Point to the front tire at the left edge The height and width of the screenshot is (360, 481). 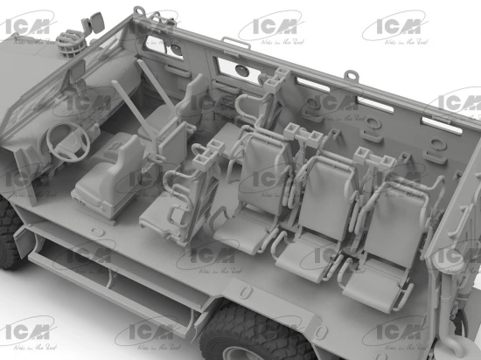(10, 229)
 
